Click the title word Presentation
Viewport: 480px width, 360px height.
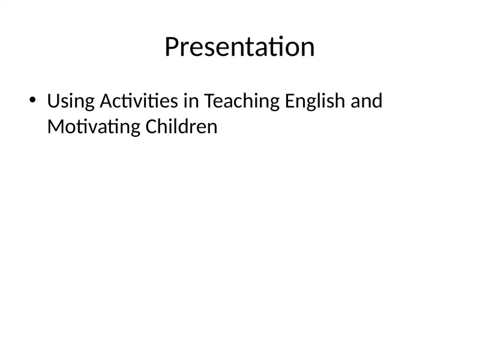239,47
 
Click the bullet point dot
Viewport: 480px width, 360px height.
32,100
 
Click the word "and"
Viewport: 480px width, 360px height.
366,101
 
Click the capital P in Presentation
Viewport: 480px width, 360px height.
172,47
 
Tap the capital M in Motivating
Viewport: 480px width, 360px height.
55,127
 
